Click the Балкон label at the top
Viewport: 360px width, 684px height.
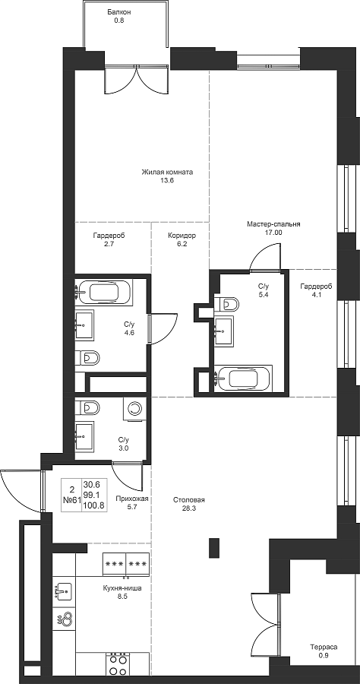tap(119, 12)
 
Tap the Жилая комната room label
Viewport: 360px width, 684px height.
tap(167, 172)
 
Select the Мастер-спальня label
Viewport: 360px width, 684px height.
tap(273, 225)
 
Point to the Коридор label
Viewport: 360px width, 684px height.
tap(182, 236)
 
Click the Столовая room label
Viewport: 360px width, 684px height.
tap(188, 500)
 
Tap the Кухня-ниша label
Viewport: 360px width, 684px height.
tap(122, 587)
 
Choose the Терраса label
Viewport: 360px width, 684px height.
tap(324, 647)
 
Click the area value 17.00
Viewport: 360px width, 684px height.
tap(273, 233)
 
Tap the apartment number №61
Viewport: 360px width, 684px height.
tap(72, 500)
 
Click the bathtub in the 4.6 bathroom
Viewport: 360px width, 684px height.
tap(104, 293)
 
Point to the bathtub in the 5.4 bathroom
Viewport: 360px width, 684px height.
tap(244, 378)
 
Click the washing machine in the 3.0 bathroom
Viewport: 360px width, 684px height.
tap(134, 409)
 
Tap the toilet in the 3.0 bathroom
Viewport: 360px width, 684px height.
tap(87, 407)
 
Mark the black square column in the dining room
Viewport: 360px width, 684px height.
tap(214, 548)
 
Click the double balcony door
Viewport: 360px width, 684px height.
tap(137, 80)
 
